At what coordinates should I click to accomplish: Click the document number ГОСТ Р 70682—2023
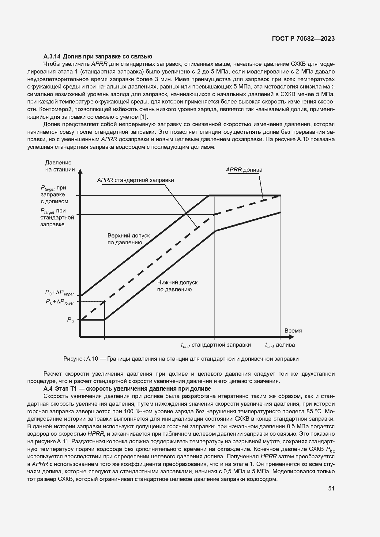(303, 39)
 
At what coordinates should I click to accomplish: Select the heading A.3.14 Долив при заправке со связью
(98, 56)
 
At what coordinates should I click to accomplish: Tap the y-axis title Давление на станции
(60, 166)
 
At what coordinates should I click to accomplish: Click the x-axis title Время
(293, 331)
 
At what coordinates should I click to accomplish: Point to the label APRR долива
(244, 170)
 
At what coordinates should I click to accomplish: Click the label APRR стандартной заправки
(135, 180)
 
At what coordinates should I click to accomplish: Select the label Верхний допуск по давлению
(128, 239)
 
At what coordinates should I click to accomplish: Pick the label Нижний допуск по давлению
(177, 286)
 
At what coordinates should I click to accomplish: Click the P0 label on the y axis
(70, 320)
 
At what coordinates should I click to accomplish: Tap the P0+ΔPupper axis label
(60, 293)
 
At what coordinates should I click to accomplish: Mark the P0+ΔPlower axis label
(60, 302)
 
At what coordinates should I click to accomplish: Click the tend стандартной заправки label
(216, 345)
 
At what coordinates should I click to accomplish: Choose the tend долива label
(280, 345)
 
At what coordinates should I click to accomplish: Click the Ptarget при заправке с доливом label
(55, 195)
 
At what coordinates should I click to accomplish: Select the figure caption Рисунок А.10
(181, 359)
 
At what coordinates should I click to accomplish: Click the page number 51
(331, 489)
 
